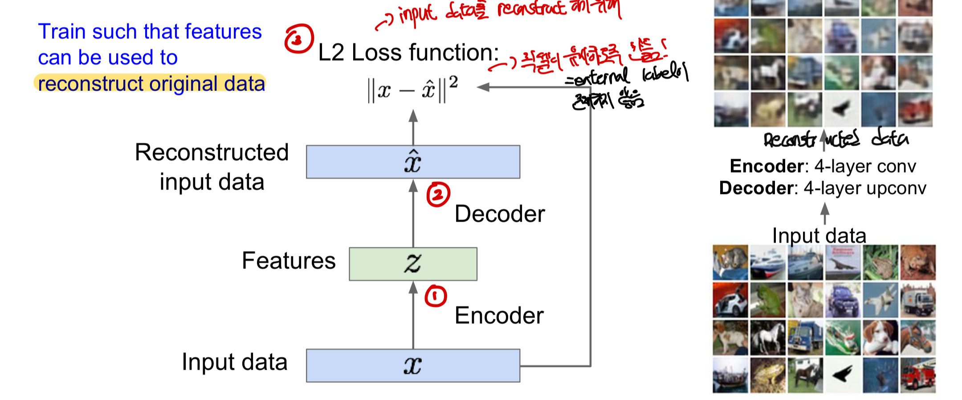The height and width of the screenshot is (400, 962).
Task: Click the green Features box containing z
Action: (413, 264)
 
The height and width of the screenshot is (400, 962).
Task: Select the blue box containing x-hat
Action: (413, 161)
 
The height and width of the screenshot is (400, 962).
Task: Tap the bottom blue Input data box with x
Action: (413, 365)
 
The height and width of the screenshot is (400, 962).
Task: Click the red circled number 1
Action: (435, 296)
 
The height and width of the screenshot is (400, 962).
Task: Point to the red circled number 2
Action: (438, 195)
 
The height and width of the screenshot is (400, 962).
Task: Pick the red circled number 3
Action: (298, 39)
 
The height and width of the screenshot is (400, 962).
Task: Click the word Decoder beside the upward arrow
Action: (499, 214)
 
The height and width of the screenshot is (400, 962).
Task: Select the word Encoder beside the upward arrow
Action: (499, 316)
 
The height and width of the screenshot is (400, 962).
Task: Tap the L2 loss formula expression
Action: (412, 89)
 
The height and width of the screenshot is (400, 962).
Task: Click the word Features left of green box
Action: (289, 261)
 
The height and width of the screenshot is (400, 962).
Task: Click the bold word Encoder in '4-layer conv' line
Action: (766, 166)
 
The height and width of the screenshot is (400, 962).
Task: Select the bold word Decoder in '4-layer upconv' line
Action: (756, 188)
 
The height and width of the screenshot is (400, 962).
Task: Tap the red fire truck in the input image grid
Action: (917, 375)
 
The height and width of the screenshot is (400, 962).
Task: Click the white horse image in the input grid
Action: (768, 338)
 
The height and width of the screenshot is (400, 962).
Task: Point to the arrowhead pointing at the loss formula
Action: (483, 87)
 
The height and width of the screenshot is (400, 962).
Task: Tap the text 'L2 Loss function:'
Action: (408, 53)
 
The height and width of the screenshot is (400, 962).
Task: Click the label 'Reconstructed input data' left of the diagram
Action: (212, 167)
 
